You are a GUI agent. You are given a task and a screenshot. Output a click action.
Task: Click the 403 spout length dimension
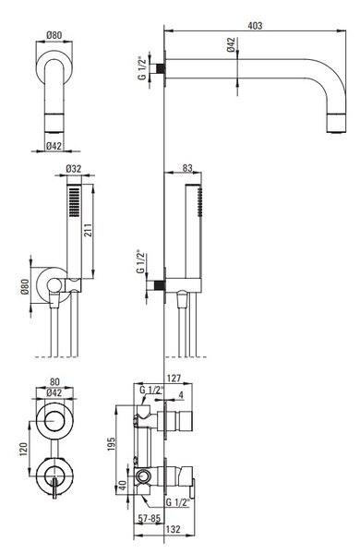(255, 26)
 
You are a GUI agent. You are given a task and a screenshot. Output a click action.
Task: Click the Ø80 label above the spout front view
(54, 35)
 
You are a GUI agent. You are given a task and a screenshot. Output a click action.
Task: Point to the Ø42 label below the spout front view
(54, 146)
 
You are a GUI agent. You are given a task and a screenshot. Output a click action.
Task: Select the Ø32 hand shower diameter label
(74, 169)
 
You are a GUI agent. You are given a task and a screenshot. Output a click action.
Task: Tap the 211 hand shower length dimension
(88, 230)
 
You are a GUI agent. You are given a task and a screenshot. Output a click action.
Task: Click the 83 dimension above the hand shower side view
(187, 167)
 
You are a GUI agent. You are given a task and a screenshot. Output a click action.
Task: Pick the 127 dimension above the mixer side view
(174, 378)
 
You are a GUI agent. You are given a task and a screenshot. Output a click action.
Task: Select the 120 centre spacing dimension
(23, 449)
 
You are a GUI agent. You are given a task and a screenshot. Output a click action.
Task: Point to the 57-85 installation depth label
(150, 519)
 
